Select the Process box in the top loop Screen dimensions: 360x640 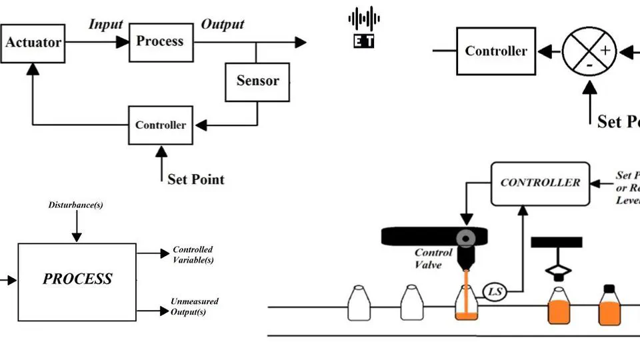pyautogui.click(x=159, y=41)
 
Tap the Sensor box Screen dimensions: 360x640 pyautogui.click(x=257, y=81)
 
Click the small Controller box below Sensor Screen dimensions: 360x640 pyautogui.click(x=161, y=125)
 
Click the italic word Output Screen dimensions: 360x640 pyautogui.click(x=223, y=25)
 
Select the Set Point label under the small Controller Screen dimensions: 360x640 pyautogui.click(x=195, y=179)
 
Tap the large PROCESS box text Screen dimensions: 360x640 pyautogui.click(x=77, y=279)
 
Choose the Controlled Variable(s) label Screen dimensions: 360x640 pyautogui.click(x=193, y=255)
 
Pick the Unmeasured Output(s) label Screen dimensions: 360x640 pyautogui.click(x=194, y=307)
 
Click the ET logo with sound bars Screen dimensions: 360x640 pyautogui.click(x=364, y=27)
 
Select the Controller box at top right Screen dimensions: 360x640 pyautogui.click(x=496, y=51)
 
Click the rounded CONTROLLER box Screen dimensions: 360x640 pyautogui.click(x=540, y=182)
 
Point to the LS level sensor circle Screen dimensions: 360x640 pyautogui.click(x=494, y=291)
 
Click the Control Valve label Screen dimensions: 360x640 pyautogui.click(x=433, y=259)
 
